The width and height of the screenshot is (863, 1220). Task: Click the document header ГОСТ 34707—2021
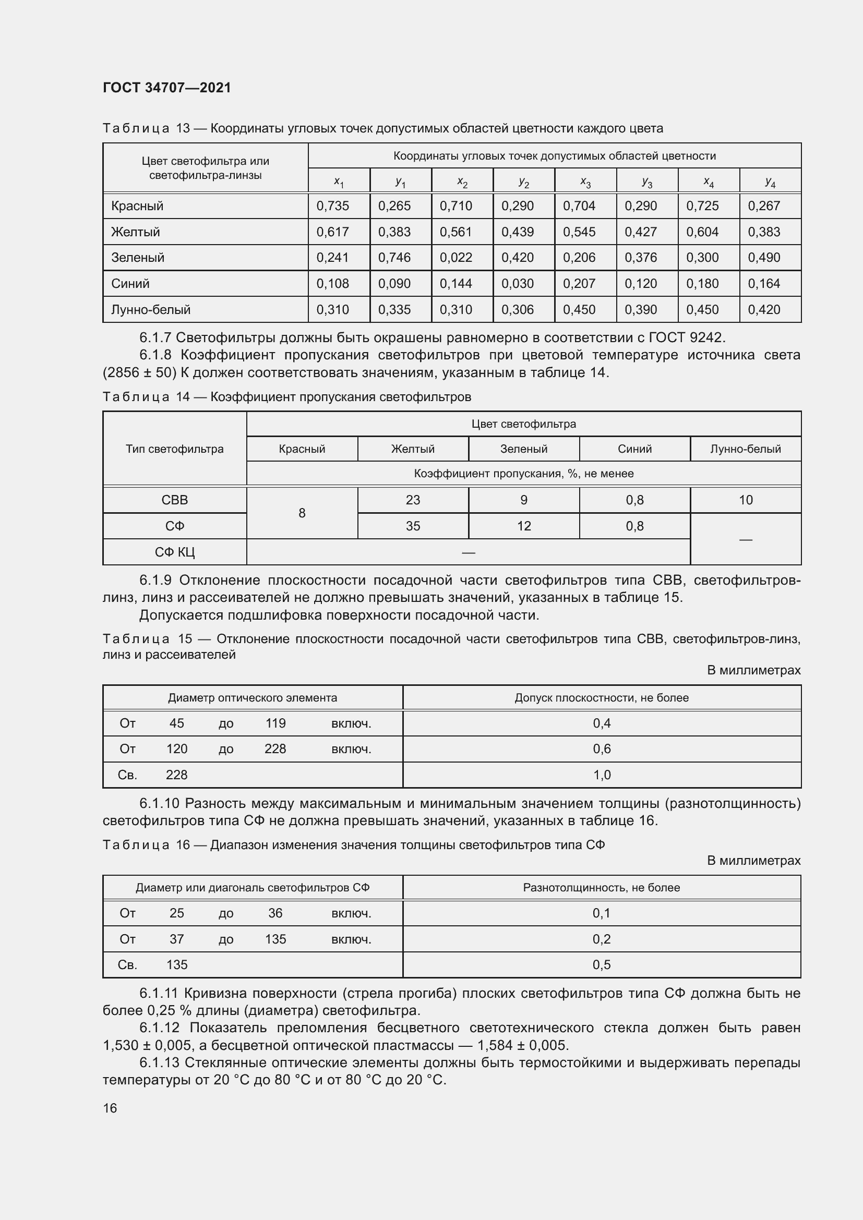[x=167, y=88]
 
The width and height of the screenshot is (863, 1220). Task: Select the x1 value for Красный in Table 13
[x=333, y=206]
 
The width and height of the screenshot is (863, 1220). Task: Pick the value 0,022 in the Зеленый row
[x=456, y=258]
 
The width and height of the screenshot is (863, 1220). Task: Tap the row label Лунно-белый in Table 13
[x=150, y=309]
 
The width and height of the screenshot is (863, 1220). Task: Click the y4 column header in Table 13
[x=770, y=182]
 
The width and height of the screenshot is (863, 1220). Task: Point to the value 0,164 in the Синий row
[x=764, y=284]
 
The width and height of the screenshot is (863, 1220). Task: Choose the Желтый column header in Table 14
[x=412, y=449]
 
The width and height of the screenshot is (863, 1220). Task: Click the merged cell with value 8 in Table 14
[x=302, y=513]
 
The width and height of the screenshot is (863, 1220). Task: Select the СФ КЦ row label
[x=174, y=552]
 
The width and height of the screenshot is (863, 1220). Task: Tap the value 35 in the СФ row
[x=412, y=526]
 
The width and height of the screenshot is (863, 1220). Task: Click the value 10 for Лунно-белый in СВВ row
[x=746, y=500]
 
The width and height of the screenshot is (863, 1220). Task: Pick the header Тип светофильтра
[x=174, y=449]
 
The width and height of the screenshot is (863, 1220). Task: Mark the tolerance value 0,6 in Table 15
[x=602, y=748]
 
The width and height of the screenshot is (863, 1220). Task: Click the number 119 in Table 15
[x=275, y=723]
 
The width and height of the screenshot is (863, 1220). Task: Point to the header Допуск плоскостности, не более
[x=602, y=698]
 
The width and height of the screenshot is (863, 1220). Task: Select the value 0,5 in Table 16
[x=602, y=964]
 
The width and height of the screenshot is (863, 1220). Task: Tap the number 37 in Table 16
[x=176, y=939]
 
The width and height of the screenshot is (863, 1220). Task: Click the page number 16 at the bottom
[x=110, y=1108]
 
